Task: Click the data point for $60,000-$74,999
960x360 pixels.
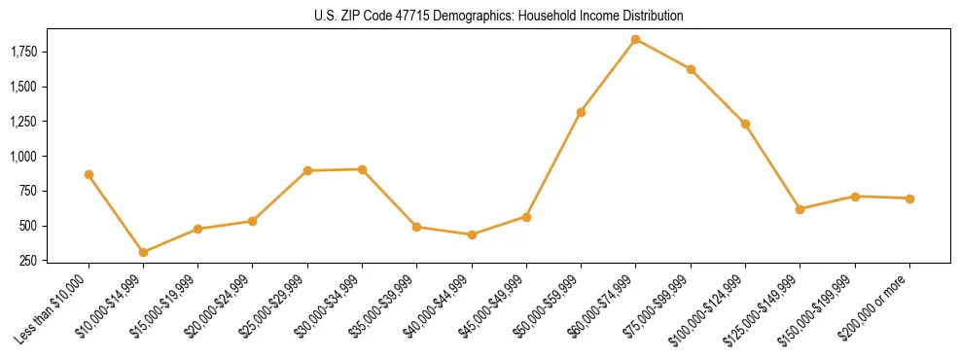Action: (x=635, y=40)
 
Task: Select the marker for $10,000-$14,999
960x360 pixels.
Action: (x=143, y=252)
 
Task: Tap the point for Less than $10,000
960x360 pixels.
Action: (x=89, y=175)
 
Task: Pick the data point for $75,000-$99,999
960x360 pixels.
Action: (x=691, y=69)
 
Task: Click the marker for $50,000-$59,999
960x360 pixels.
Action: (x=581, y=113)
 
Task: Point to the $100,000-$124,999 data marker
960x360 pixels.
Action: (x=745, y=124)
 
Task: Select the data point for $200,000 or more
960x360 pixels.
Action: (x=909, y=198)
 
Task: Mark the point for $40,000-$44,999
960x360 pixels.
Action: (x=472, y=234)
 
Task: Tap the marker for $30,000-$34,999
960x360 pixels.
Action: (x=362, y=169)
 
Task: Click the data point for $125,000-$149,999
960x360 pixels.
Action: (x=800, y=209)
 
